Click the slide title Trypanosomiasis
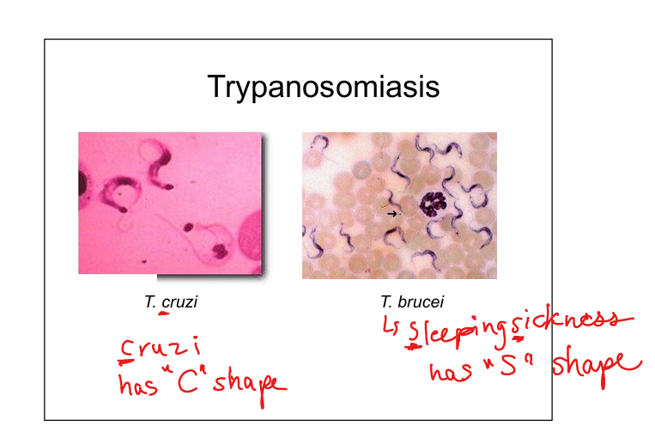(x=324, y=88)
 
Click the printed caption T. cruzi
(x=171, y=301)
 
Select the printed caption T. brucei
(x=412, y=301)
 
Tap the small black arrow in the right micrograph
(x=391, y=214)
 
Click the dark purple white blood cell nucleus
(x=434, y=204)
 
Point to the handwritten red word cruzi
(x=161, y=349)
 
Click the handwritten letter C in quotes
(x=188, y=380)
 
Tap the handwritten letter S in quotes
(x=508, y=365)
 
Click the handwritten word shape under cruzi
(x=250, y=386)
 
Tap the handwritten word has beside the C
(x=138, y=384)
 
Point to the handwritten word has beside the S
(x=451, y=371)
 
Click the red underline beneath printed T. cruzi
(x=164, y=313)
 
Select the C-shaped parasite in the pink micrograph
(x=120, y=193)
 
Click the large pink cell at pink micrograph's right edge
(x=251, y=239)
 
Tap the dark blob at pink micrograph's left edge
(x=82, y=184)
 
